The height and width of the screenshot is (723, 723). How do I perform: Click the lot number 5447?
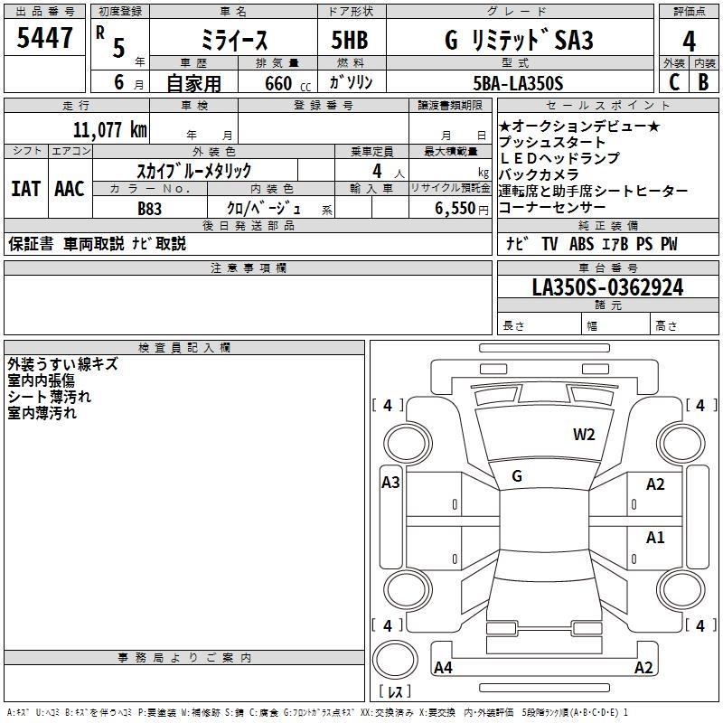pos(44,37)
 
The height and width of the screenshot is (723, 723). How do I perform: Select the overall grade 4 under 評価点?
pos(689,41)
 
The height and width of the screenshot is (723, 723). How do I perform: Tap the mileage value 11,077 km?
pos(109,130)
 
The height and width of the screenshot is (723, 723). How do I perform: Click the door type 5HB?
pos(350,40)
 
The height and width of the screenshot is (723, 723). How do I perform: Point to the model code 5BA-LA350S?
pos(518,83)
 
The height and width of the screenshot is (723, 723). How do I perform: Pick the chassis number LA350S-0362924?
pos(607,287)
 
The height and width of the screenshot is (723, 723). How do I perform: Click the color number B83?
pos(150,209)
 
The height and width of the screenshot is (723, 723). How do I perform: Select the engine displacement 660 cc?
pos(287,84)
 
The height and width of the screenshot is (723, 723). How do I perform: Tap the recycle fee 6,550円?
pos(462,209)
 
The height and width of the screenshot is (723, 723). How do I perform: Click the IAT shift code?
pos(26,189)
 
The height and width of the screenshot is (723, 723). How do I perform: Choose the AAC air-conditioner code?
pos(70,189)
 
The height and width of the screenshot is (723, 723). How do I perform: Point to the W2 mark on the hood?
pos(584,435)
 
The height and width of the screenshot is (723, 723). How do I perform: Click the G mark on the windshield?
pos(517,476)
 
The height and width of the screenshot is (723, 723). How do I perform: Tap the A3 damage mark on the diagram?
pos(390,483)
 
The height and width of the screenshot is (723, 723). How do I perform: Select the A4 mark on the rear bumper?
pos(443,667)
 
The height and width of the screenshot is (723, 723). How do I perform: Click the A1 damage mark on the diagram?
pos(655,537)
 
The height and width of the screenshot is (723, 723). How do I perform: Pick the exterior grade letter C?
pos(674,82)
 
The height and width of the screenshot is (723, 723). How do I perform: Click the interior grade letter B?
pos(704,82)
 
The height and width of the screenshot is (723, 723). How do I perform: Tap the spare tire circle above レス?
pos(395,660)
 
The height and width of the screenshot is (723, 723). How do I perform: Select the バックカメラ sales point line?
pos(539,174)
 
